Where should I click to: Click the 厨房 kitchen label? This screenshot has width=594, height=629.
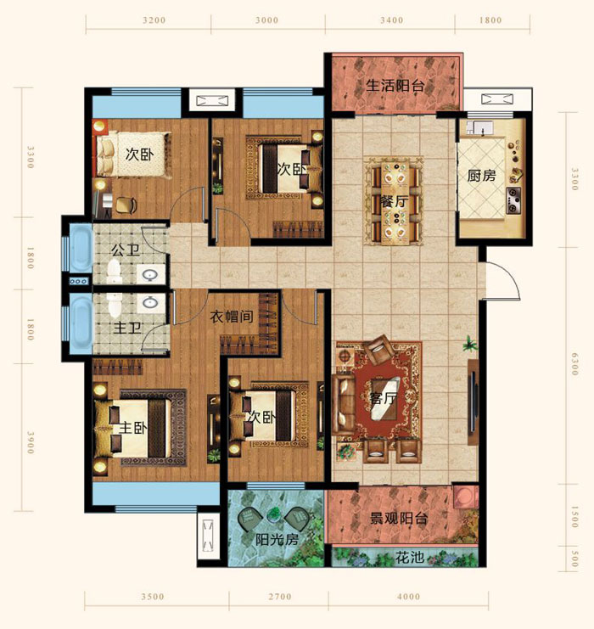[x=481, y=176]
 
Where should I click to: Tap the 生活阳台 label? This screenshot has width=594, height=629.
[x=395, y=86]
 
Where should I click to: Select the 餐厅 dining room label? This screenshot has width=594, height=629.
[x=395, y=201]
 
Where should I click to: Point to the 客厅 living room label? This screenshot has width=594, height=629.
[x=384, y=398]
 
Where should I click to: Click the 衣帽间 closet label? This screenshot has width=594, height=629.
[x=232, y=317]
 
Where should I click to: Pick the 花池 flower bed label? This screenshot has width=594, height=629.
[x=410, y=557]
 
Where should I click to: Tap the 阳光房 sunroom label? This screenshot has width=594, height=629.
[x=277, y=540]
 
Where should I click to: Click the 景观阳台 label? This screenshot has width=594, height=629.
[x=398, y=519]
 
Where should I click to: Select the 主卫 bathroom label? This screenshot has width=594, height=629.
[x=127, y=329]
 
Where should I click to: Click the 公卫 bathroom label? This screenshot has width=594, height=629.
[x=126, y=250]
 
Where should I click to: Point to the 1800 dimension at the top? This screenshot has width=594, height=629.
[x=490, y=20]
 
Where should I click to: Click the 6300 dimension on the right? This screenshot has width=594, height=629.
[x=574, y=364]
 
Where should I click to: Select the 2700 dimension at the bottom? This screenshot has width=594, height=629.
[x=280, y=597]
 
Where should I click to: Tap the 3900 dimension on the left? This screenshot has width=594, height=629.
[x=30, y=443]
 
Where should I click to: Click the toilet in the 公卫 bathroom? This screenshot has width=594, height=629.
[x=115, y=271]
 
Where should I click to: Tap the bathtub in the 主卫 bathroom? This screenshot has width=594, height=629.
[x=81, y=324]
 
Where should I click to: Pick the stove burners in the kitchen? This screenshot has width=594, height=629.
[x=513, y=200]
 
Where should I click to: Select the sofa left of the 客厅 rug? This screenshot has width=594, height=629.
[x=345, y=403]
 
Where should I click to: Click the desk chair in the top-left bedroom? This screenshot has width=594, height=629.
[x=126, y=205]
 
